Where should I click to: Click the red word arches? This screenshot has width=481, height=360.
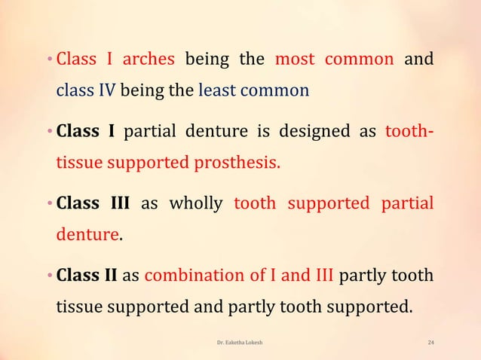tap(149, 58)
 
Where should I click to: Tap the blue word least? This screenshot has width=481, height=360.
tap(217, 92)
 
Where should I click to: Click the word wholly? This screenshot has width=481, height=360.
tap(196, 203)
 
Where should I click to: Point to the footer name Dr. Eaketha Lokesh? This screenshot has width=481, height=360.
tap(239, 343)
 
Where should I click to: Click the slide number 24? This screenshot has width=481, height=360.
tap(430, 343)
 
